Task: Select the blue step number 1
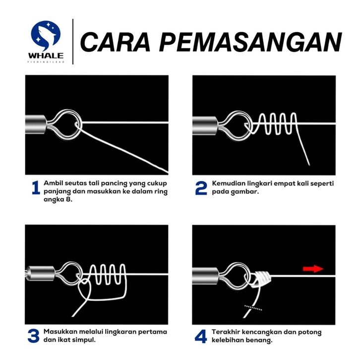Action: tap(35, 188)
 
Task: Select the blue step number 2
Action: tap(201, 188)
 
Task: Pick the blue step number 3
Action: tap(33, 336)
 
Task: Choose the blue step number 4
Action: tap(201, 336)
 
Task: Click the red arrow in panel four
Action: tap(313, 269)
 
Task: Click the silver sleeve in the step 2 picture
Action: tap(203, 121)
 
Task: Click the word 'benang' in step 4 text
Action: tap(258, 340)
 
